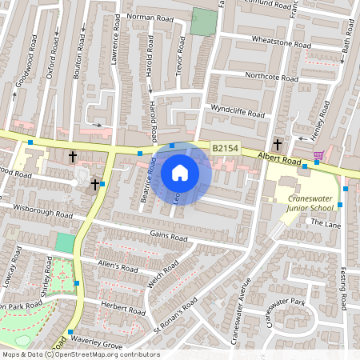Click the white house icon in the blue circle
(x=180, y=172)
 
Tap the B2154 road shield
(x=224, y=149)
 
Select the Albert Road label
(x=278, y=160)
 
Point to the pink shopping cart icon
(x=318, y=154)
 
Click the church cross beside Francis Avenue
(x=277, y=145)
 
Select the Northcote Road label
(x=271, y=77)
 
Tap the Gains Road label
(x=166, y=234)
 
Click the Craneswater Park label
(x=288, y=302)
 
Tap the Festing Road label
(x=345, y=289)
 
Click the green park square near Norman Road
(x=203, y=22)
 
